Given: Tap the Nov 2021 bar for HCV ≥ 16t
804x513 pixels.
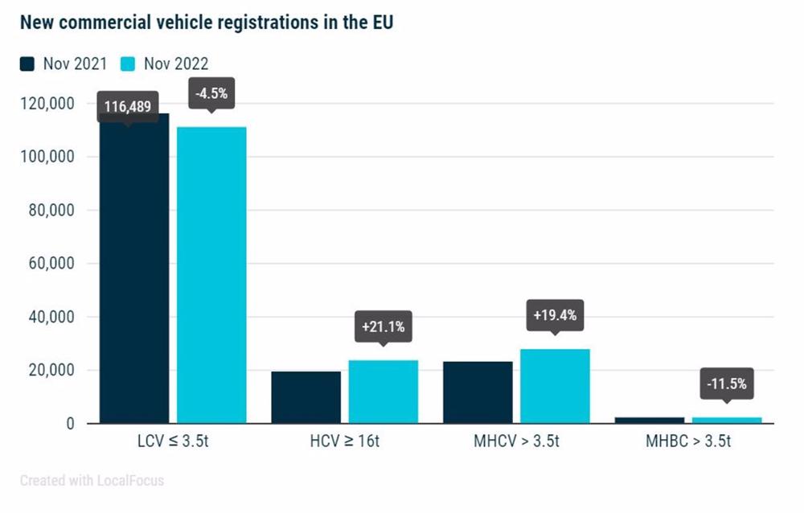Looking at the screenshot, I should (306, 397).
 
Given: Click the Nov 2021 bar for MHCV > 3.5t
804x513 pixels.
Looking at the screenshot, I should (478, 392).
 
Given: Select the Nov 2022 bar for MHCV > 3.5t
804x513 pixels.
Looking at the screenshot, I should (555, 386).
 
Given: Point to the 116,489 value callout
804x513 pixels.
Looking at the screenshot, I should (128, 105).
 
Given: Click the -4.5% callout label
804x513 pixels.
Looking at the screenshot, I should (211, 93).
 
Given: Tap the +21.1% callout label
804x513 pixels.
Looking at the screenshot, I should (383, 326).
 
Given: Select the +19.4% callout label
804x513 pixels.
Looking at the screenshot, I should (555, 315).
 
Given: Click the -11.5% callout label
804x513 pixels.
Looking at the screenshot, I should (727, 384).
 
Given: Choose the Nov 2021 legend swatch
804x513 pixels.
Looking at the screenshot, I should (27, 64).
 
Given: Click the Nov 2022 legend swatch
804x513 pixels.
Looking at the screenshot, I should (129, 64).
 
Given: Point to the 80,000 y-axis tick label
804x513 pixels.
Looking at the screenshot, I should (52, 210).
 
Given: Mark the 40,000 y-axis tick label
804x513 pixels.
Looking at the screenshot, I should (52, 317).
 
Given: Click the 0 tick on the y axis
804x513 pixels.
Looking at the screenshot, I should (71, 424).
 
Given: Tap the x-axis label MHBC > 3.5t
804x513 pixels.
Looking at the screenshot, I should (689, 442).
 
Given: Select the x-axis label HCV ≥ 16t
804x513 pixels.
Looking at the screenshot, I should (345, 442).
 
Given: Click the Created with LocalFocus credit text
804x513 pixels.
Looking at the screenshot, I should (92, 481).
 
